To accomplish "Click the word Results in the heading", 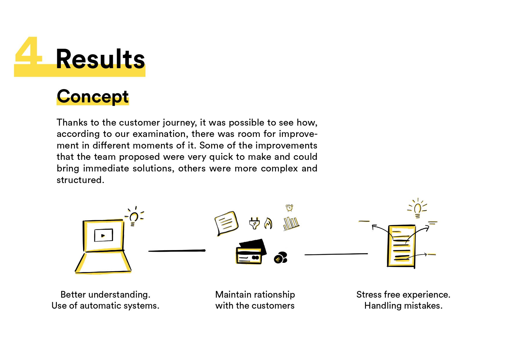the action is [100, 59].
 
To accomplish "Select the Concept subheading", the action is [93, 96].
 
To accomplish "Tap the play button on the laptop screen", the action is [103, 235].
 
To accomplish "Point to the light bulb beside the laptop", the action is [134, 216].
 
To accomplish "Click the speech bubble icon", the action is [226, 223].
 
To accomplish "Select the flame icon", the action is [268, 223].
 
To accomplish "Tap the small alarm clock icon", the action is [289, 208].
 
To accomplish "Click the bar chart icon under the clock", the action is [291, 224].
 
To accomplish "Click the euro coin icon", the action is [280, 258].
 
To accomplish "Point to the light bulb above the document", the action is [417, 208].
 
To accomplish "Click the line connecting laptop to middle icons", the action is [177, 251].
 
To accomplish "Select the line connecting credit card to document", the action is [336, 254].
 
